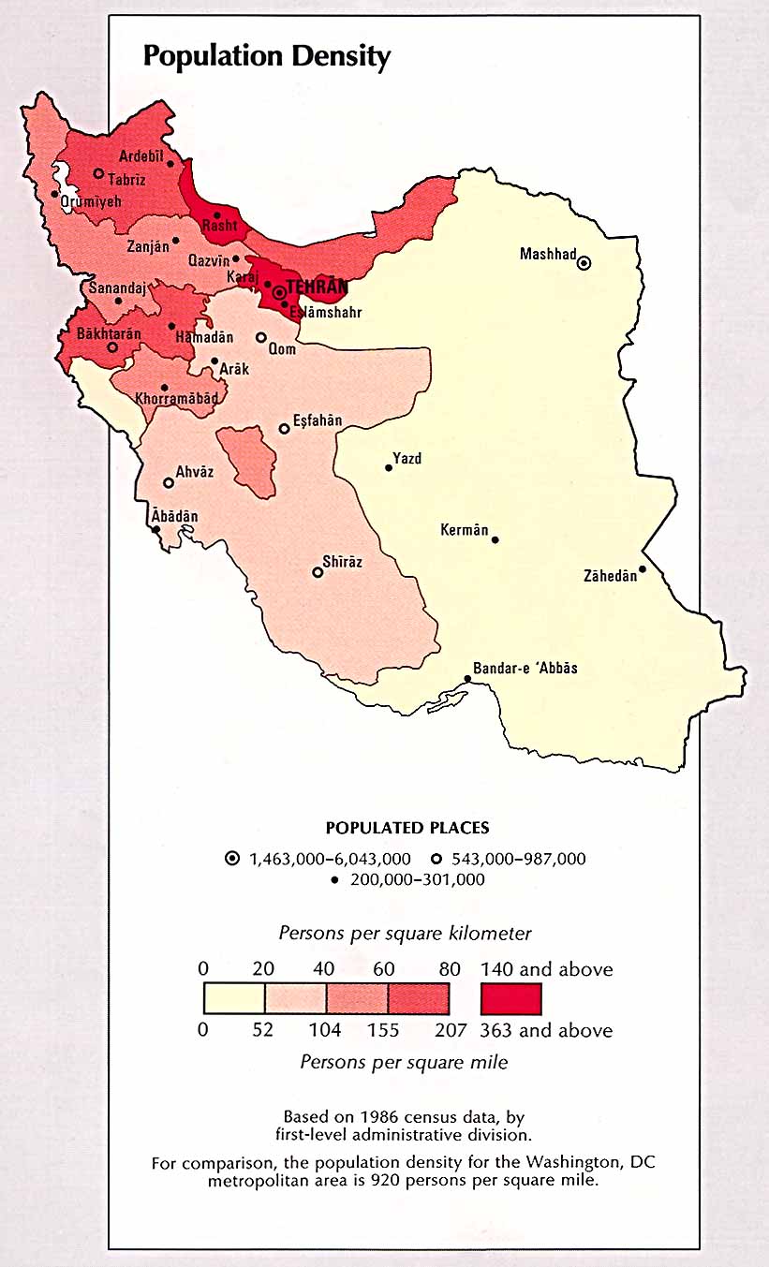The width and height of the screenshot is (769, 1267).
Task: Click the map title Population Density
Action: click(x=266, y=56)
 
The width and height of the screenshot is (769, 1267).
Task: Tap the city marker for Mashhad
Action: click(x=584, y=263)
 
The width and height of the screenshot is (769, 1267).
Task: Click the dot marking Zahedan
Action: click(x=643, y=569)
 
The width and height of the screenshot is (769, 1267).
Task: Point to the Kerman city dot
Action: click(x=495, y=539)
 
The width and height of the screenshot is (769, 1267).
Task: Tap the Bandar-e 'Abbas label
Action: click(x=525, y=669)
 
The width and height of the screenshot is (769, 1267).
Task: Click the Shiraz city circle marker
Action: click(x=318, y=572)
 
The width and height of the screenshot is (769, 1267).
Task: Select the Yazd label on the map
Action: click(x=407, y=458)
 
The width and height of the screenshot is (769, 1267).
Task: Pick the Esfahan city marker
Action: click(x=284, y=429)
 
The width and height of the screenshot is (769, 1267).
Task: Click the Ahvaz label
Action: click(x=195, y=472)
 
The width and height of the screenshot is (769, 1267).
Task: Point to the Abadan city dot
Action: click(x=156, y=529)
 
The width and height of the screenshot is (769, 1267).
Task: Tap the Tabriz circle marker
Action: click(x=98, y=173)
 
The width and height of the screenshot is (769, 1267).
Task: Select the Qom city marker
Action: click(x=261, y=337)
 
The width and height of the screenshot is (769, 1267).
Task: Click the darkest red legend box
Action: click(x=510, y=998)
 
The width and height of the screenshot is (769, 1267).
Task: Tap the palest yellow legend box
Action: click(x=234, y=998)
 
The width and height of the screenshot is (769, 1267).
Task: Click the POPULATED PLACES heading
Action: click(x=407, y=828)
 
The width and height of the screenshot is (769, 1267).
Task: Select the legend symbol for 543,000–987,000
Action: click(x=438, y=859)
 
